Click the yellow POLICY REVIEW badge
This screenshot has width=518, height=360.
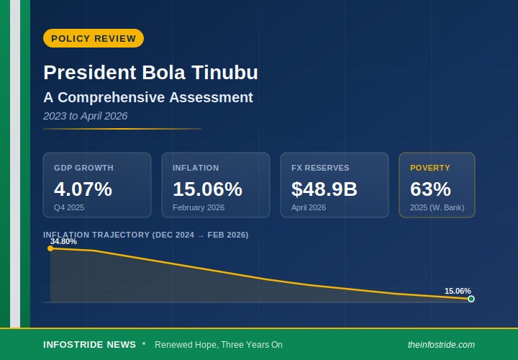(x=94, y=38)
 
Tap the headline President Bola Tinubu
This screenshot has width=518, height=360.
(x=150, y=73)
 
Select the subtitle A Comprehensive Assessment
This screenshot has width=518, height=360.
(x=148, y=97)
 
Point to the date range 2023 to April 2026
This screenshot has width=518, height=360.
(x=85, y=116)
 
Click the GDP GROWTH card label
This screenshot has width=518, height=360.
(x=83, y=168)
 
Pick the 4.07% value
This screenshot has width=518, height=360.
(x=83, y=189)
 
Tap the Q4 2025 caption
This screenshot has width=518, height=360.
(x=69, y=207)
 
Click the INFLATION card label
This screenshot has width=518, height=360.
(x=196, y=168)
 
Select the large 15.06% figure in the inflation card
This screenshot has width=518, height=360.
(x=207, y=189)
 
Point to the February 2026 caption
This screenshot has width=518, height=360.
(x=199, y=207)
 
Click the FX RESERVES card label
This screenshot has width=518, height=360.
(x=320, y=168)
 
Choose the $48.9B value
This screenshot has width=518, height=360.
(x=324, y=189)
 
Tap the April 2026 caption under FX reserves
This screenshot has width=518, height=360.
(x=309, y=207)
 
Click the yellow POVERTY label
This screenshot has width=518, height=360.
(x=430, y=168)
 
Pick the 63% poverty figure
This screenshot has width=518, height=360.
(x=430, y=189)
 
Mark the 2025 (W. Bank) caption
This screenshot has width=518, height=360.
(x=437, y=207)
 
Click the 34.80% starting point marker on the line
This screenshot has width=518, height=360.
(x=50, y=248)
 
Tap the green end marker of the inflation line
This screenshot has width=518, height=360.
(x=471, y=299)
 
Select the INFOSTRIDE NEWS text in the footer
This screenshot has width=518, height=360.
(x=89, y=345)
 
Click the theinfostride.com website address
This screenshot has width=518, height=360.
(x=441, y=345)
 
